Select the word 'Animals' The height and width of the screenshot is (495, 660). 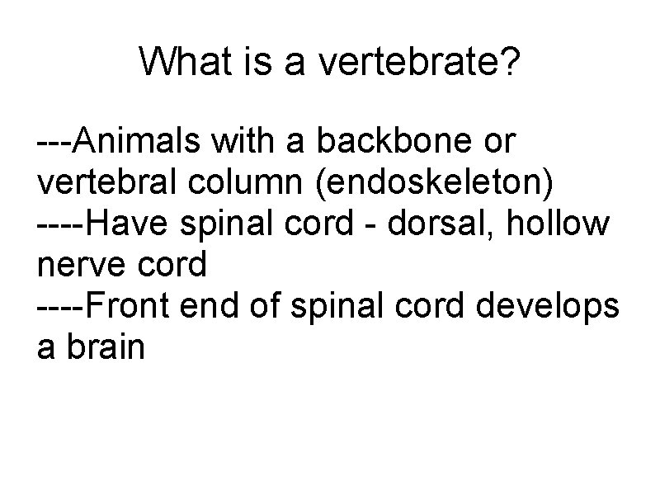[138, 141]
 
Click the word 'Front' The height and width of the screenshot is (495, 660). [130, 306]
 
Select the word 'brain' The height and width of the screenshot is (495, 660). [106, 347]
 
